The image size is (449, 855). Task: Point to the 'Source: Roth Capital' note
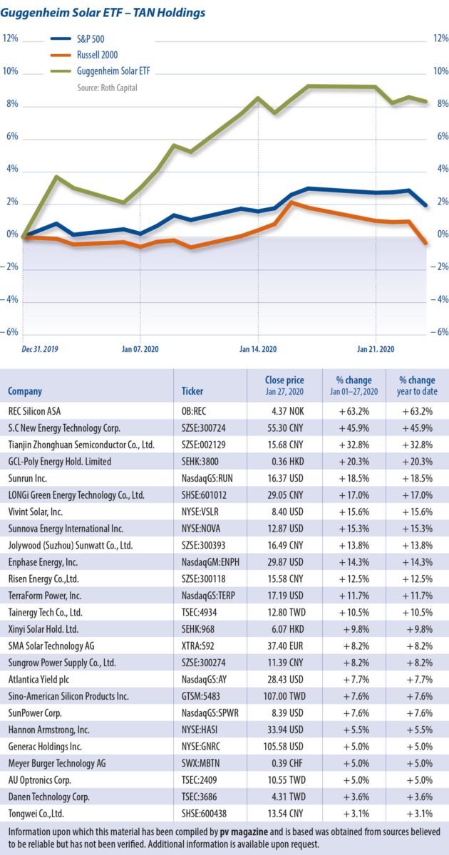[x=107, y=88]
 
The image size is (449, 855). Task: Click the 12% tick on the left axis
[x=10, y=38]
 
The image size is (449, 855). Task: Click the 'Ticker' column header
[x=192, y=391]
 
